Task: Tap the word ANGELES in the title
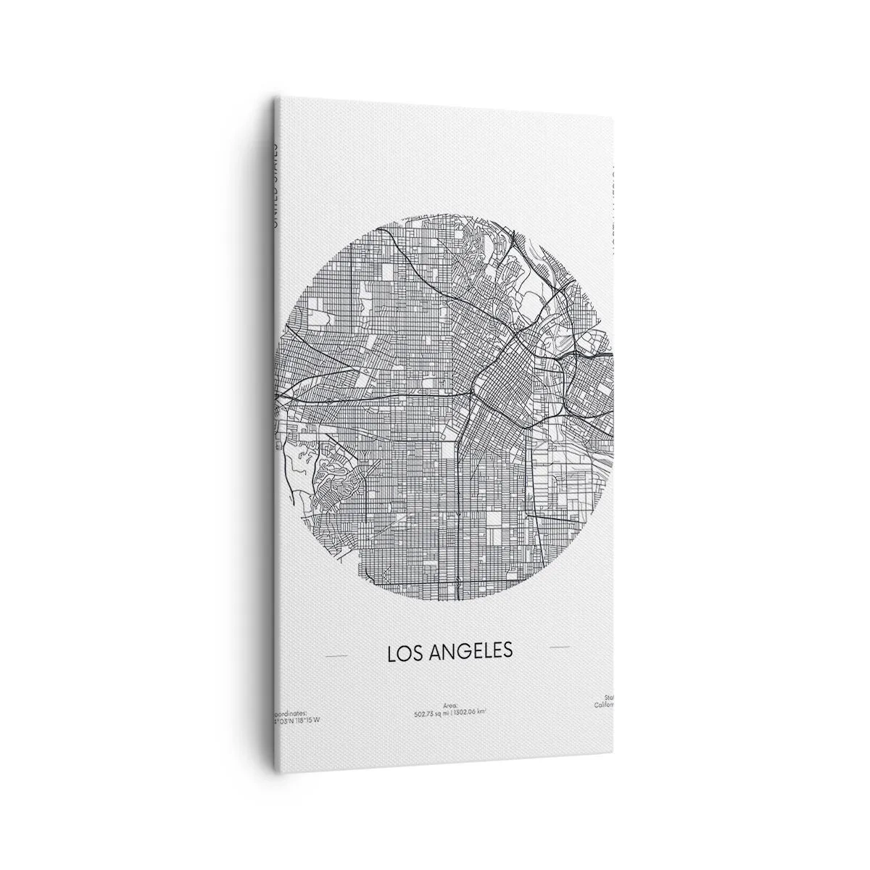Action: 471,651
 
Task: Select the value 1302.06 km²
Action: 471,712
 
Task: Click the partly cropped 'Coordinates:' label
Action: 291,713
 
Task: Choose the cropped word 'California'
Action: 604,705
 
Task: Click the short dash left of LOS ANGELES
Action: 337,657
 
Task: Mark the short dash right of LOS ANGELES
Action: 560,646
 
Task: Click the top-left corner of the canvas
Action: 273,99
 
